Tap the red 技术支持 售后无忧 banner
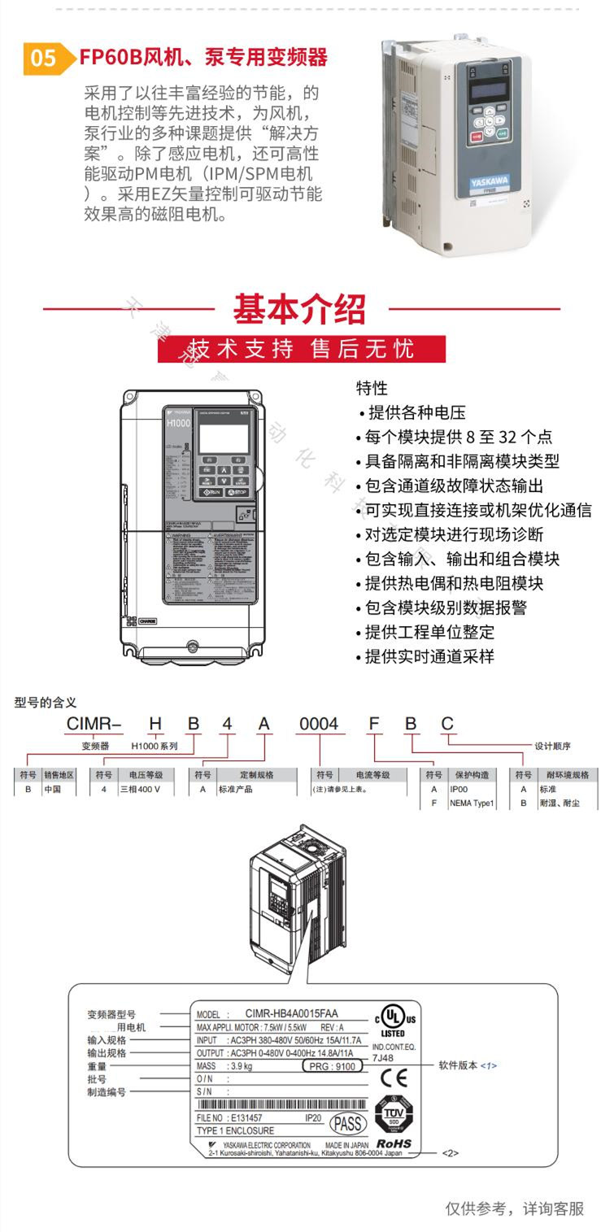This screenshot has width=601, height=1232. point(301,349)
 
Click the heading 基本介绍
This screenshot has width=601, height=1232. point(300,309)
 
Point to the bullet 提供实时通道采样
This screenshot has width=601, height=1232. point(429,656)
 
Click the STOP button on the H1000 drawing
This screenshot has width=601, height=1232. point(238,493)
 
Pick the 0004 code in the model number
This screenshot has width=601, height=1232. point(318,724)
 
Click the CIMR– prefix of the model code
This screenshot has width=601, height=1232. point(94,724)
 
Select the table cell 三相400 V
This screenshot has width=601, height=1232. point(146,790)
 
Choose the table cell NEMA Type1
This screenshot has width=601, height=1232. point(471,803)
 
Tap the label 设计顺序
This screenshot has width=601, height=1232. point(552,744)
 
